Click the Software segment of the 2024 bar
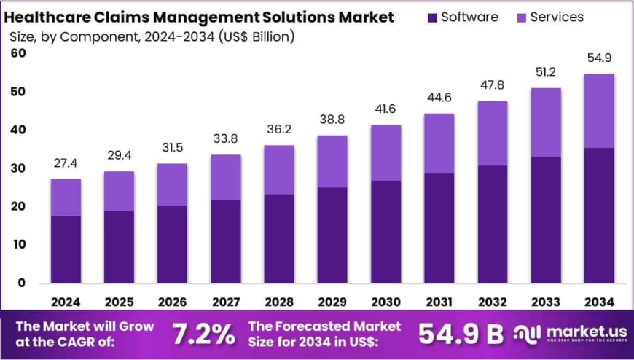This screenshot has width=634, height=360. click(x=66, y=249)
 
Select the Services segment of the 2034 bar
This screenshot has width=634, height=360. click(x=598, y=111)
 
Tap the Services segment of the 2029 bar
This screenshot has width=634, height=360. click(x=332, y=161)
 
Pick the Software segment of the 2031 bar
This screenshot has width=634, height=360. click(x=439, y=228)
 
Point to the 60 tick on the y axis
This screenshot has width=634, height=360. click(x=18, y=53)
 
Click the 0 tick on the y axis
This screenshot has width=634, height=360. click(x=22, y=283)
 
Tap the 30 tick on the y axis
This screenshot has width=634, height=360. click(x=18, y=168)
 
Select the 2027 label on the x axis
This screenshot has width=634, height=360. click(x=225, y=302)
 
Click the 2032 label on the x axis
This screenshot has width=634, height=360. click(x=492, y=302)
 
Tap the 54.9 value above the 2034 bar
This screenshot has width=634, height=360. click(x=598, y=58)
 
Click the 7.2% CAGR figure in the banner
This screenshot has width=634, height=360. click(x=203, y=334)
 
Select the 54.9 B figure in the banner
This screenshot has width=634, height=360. click(x=461, y=334)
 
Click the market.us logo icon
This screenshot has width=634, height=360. click(x=527, y=333)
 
